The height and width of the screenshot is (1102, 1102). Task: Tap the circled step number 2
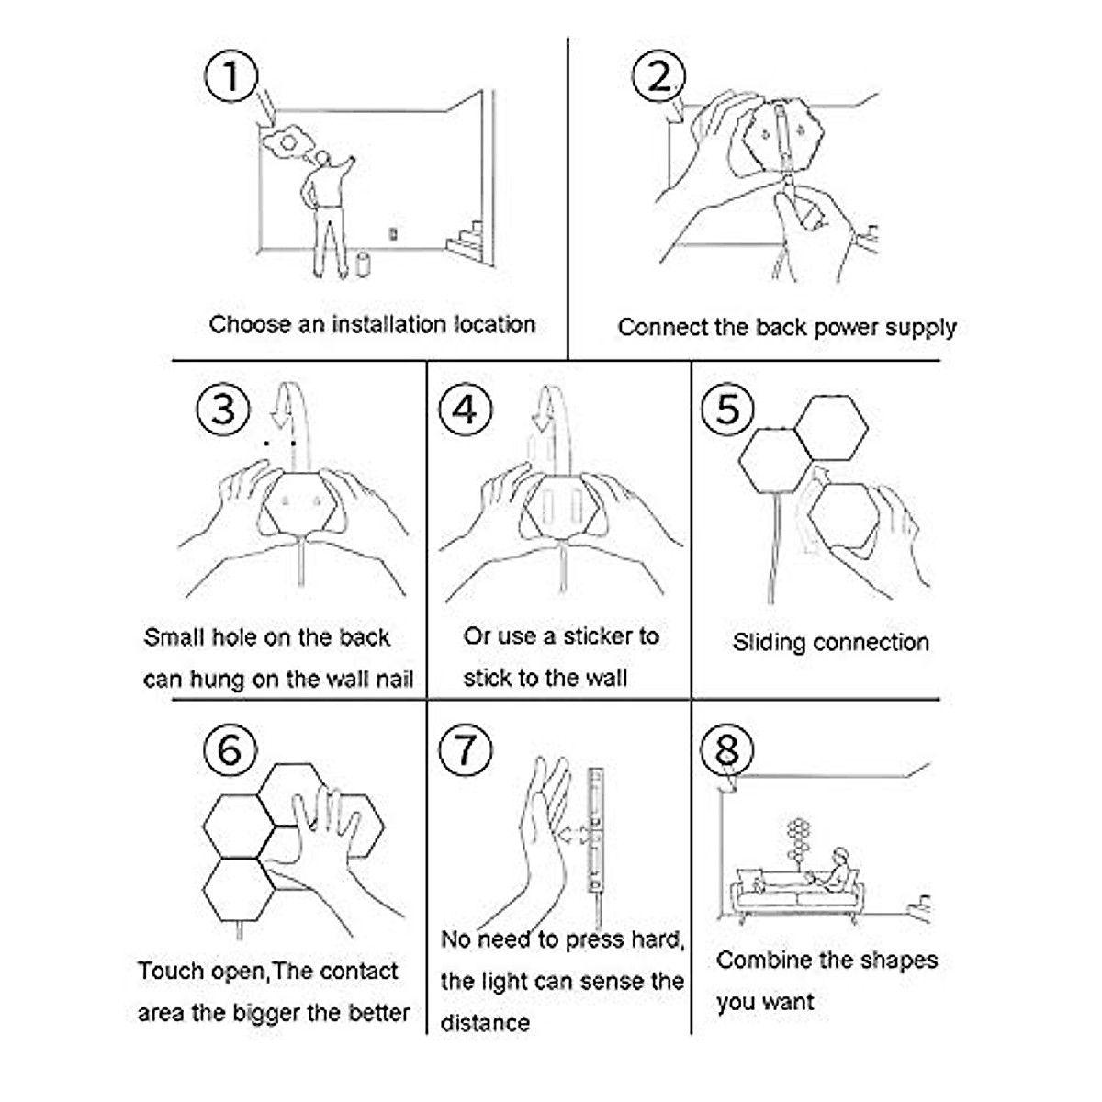659,76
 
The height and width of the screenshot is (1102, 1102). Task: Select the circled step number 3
223,408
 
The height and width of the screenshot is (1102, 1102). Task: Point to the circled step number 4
466,408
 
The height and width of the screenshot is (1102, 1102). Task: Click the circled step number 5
726,408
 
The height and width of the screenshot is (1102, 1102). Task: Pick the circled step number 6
229,749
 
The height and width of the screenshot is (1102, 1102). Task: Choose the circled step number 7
466,750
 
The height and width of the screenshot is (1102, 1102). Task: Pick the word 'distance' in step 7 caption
485,1022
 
